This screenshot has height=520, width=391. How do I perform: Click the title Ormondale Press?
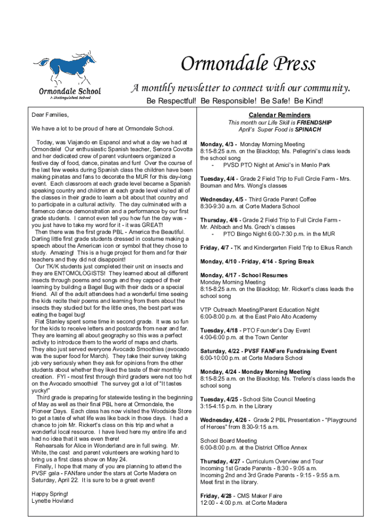(248, 64)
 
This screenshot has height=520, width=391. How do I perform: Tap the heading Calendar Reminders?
(280, 115)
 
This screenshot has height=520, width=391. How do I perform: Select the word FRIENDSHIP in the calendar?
(314, 122)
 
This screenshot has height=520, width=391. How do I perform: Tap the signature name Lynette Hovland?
(52, 501)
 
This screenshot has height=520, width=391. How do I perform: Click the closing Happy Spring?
(49, 494)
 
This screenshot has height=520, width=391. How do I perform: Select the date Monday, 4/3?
(218, 144)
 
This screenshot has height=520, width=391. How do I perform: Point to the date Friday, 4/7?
(215, 248)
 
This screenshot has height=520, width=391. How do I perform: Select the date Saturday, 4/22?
(220, 351)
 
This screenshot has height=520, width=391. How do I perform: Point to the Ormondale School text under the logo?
(70, 91)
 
